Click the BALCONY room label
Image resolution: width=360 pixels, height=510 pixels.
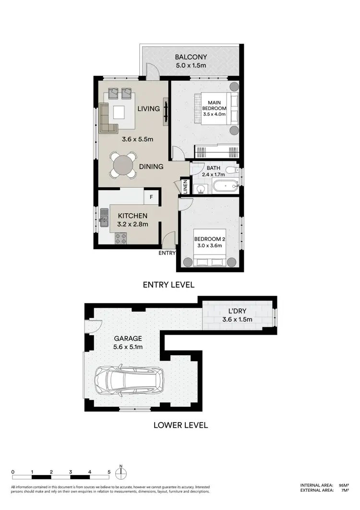[188, 56]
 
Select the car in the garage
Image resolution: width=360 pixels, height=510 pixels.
[129, 379]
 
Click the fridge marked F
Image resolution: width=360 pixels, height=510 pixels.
[152, 196]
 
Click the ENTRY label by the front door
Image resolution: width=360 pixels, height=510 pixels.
[168, 253]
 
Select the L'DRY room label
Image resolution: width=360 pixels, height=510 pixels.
[237, 311]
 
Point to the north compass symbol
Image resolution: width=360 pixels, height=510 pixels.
[122, 472]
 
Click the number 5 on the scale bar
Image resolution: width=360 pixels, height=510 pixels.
[109, 472]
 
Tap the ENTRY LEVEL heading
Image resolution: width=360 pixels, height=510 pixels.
[168, 285]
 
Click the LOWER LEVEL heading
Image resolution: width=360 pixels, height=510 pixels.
[180, 425]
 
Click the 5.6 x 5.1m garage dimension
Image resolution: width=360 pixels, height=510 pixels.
[127, 347]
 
